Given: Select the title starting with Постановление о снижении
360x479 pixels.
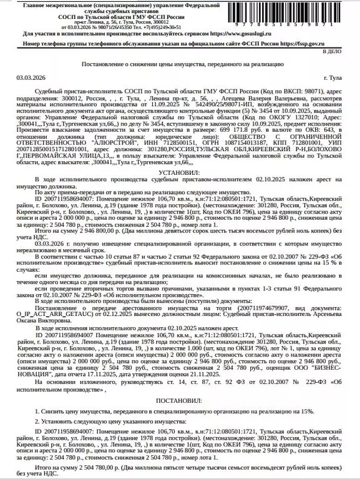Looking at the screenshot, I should pyautogui.click(x=180, y=64).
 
